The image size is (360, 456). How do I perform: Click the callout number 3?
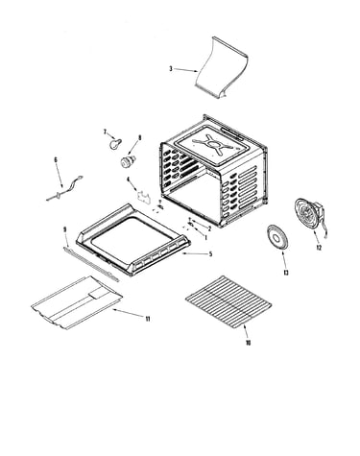[171, 68]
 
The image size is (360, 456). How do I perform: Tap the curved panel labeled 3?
[222, 68]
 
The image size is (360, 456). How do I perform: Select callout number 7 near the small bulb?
[105, 132]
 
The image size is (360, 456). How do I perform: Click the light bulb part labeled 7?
[115, 143]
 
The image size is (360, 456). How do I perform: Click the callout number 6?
[56, 159]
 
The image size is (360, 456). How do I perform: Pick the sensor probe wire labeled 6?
[64, 189]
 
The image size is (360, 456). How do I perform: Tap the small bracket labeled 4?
[144, 196]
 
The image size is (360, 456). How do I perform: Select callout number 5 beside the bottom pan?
[210, 254]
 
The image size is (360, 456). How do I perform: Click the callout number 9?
[64, 229]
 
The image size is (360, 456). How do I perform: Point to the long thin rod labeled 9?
[91, 264]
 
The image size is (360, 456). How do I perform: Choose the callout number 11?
[148, 319]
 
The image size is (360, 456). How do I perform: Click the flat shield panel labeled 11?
[77, 302]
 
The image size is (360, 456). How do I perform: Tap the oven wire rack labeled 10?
[228, 301]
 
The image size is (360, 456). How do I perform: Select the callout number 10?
[248, 343]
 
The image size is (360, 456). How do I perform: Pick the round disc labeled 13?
[276, 238]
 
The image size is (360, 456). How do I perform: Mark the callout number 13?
[286, 273]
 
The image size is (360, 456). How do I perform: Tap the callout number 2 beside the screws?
[209, 228]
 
